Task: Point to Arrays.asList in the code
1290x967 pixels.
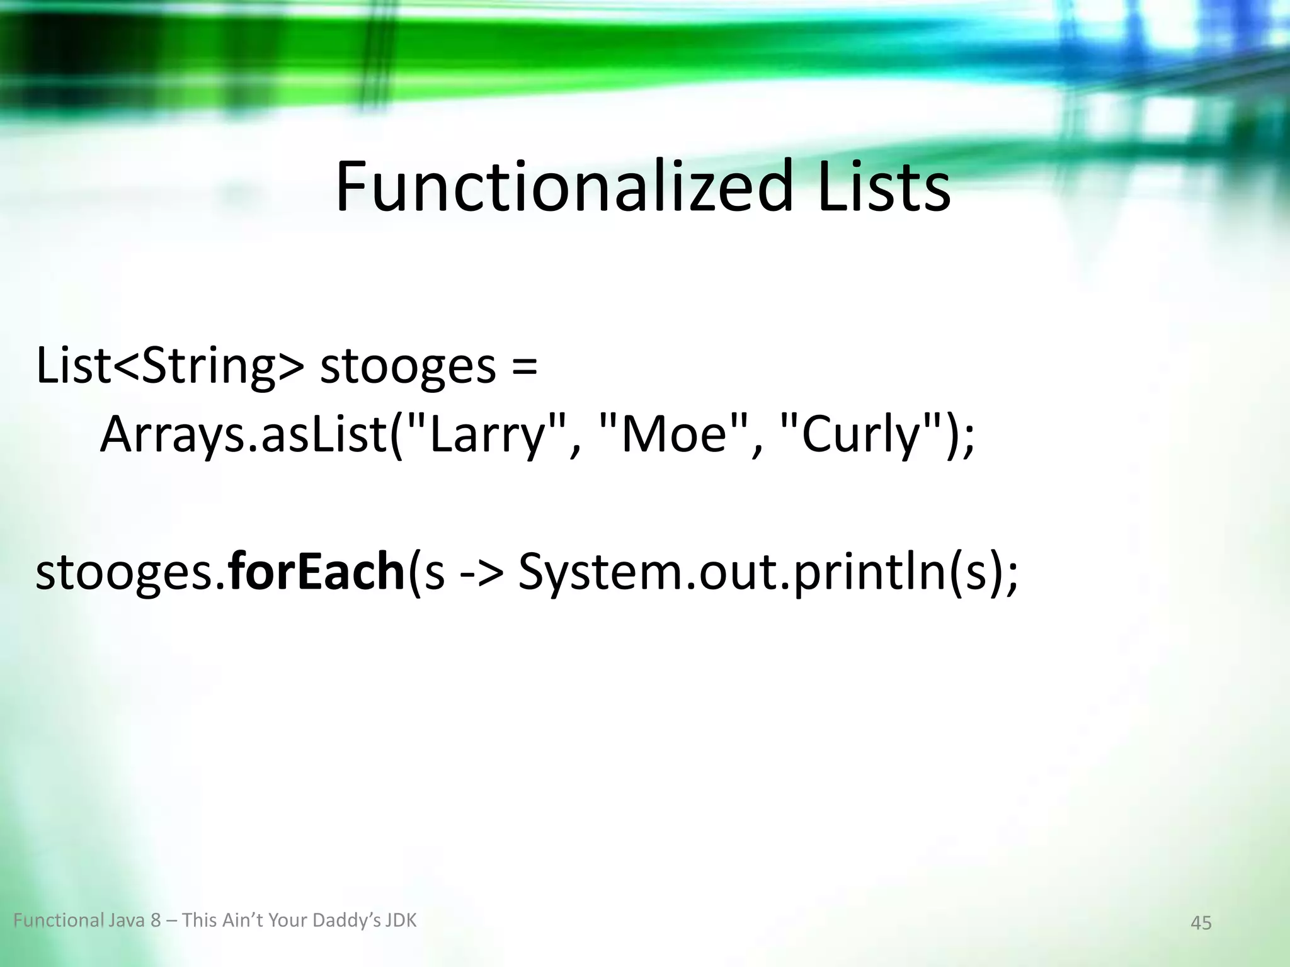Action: click(243, 435)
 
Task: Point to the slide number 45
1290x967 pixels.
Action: click(1201, 923)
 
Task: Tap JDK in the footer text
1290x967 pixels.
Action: click(401, 921)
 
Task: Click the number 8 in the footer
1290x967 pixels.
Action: click(156, 921)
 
